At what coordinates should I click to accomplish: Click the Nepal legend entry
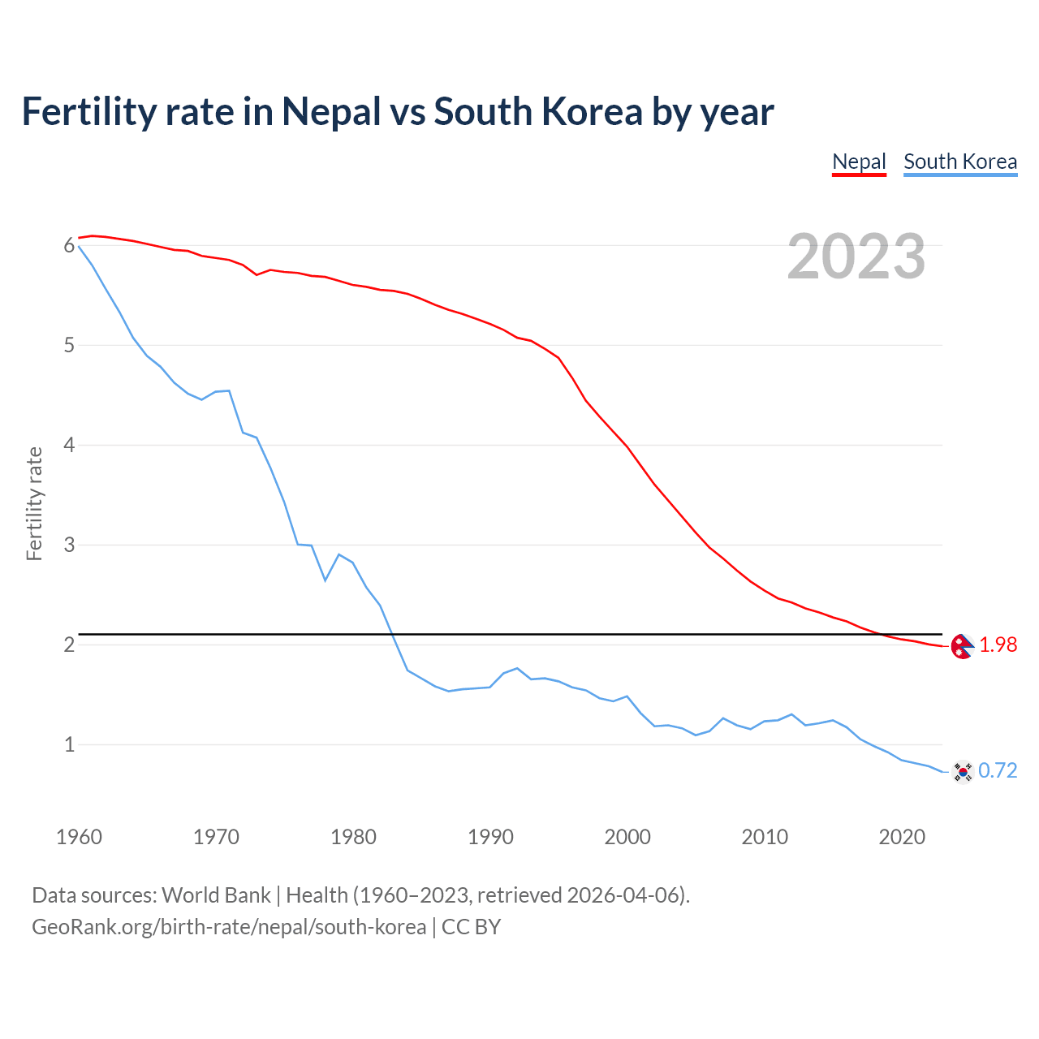[859, 162]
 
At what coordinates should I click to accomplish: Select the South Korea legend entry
[960, 162]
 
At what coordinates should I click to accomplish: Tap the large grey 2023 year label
[856, 257]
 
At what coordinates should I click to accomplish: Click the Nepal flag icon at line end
[962, 646]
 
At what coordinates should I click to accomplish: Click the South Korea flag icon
[963, 771]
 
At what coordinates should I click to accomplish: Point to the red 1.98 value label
[998, 645]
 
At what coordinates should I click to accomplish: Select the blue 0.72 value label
[998, 770]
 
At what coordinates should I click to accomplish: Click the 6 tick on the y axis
[69, 246]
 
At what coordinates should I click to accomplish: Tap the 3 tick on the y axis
[69, 545]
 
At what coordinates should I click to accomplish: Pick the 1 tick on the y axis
[69, 744]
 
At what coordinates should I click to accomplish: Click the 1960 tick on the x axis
[79, 837]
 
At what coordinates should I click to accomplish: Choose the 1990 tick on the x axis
[490, 837]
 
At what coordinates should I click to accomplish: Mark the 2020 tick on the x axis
[902, 837]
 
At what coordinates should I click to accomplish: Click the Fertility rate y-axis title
[34, 503]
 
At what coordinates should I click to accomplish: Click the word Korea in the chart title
[592, 111]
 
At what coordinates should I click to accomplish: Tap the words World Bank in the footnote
[216, 895]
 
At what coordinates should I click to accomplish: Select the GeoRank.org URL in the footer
[229, 927]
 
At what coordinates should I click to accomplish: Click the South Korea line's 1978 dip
[325, 580]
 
